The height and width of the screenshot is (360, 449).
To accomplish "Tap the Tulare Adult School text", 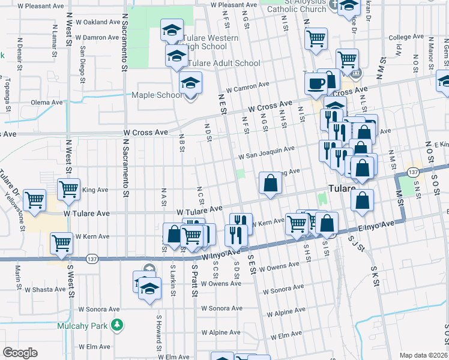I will tap(224, 63).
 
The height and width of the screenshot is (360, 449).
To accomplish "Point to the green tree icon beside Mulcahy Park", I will tap(118, 325).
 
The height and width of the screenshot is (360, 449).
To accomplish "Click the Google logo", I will tap(20, 352).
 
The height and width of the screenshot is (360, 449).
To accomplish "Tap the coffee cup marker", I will tap(316, 85).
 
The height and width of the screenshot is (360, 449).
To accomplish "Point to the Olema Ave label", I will tap(47, 103).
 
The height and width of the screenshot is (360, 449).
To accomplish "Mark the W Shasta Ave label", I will tap(44, 289).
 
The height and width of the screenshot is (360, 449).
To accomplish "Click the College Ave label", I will tap(405, 37).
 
